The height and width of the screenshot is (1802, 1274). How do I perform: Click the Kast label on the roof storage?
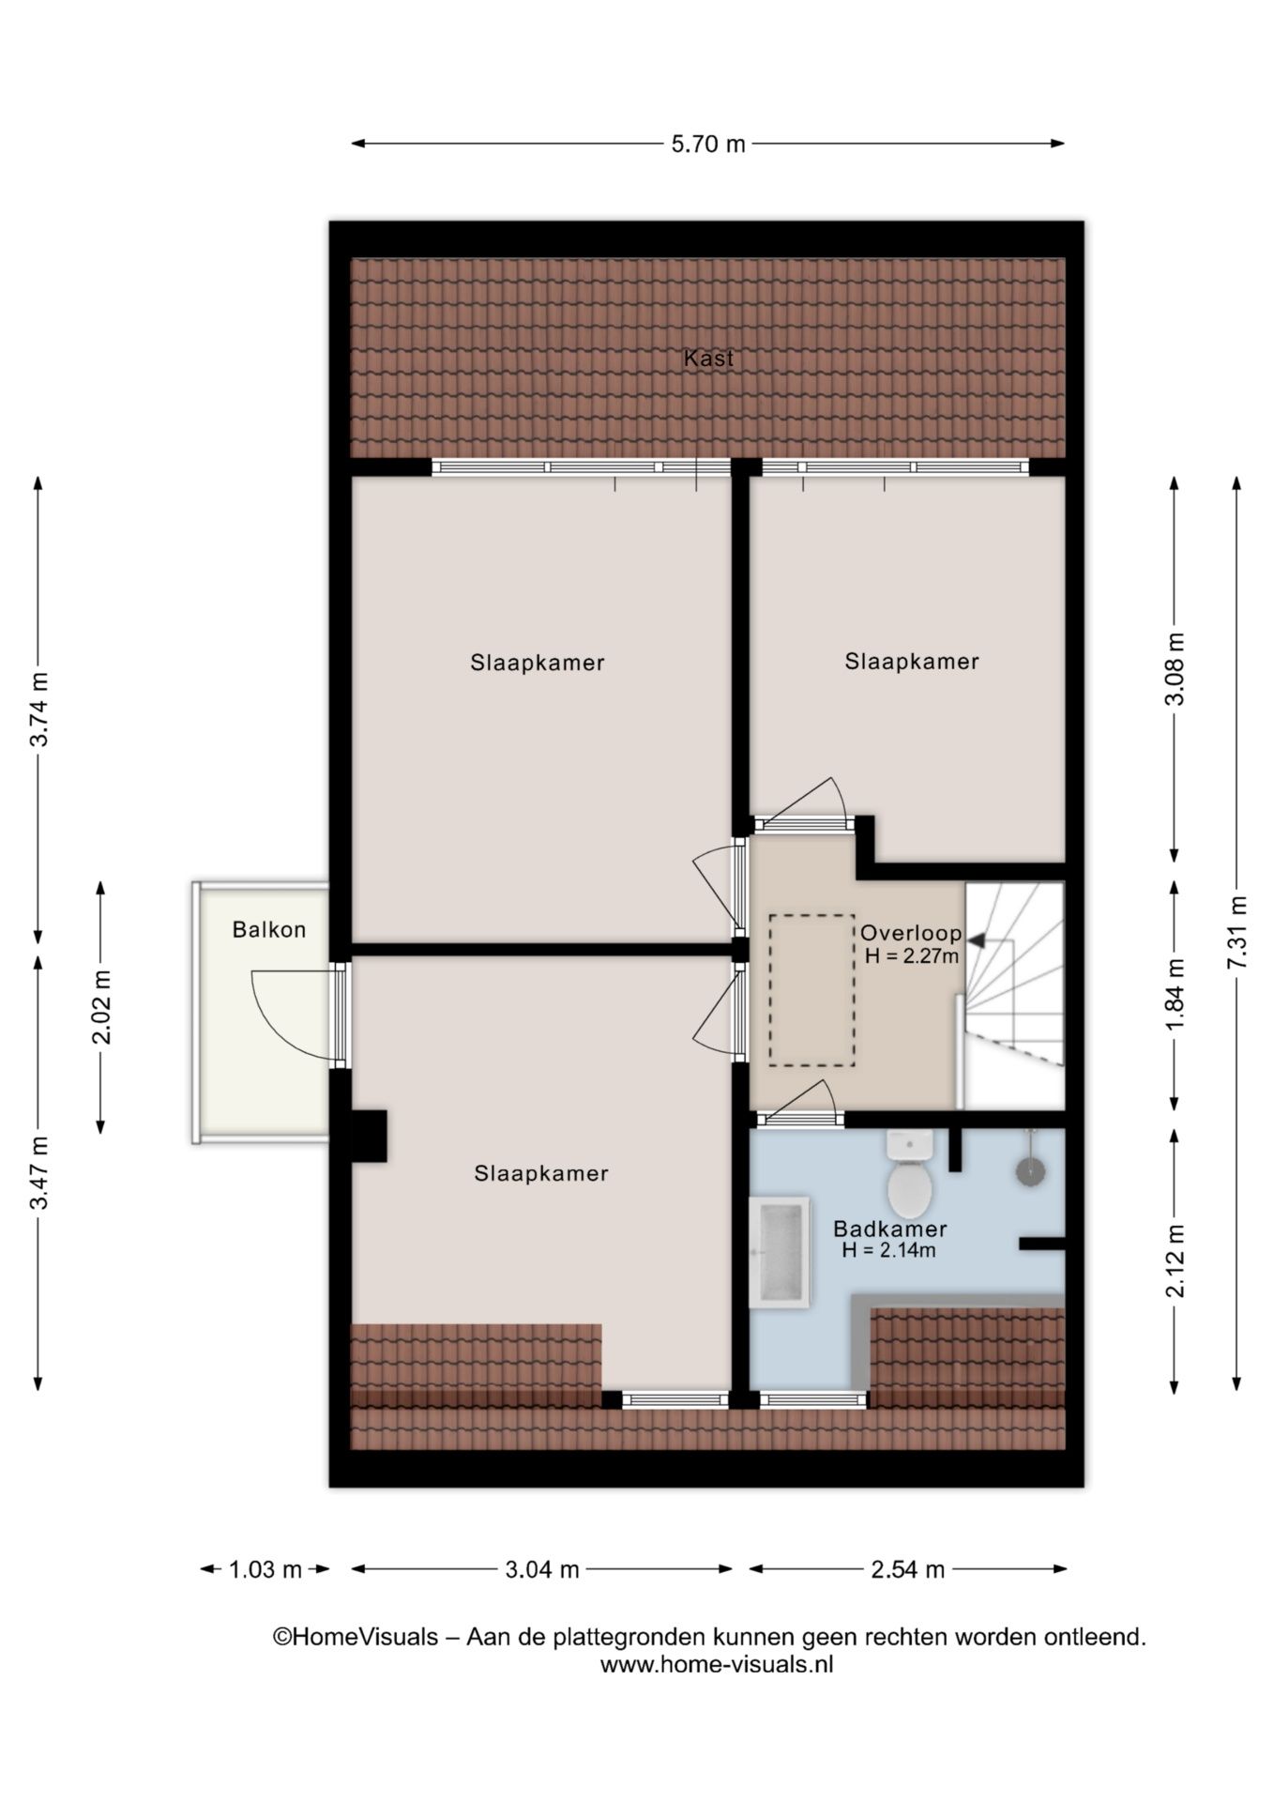pyautogui.click(x=708, y=358)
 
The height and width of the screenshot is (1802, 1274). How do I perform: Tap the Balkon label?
pyautogui.click(x=269, y=930)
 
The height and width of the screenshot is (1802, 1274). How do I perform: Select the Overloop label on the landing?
pyautogui.click(x=911, y=933)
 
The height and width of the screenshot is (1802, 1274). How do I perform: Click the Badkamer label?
pyautogui.click(x=890, y=1229)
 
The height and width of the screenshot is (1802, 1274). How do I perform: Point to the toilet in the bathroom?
pyautogui.click(x=909, y=1174)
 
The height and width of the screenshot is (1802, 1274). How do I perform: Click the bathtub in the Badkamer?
pyautogui.click(x=779, y=1252)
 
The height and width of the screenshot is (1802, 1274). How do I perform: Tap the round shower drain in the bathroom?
pyautogui.click(x=1030, y=1170)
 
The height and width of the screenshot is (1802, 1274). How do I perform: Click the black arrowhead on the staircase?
pyautogui.click(x=977, y=939)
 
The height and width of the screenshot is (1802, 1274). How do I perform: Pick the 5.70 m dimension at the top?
pyautogui.click(x=708, y=144)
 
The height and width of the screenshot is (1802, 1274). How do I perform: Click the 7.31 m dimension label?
pyautogui.click(x=1238, y=934)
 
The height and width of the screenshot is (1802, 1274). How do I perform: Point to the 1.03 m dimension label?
pyautogui.click(x=265, y=1569)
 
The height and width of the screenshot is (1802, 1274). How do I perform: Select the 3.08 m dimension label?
pyautogui.click(x=1175, y=668)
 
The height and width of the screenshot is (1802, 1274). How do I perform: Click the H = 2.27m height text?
pyautogui.click(x=912, y=956)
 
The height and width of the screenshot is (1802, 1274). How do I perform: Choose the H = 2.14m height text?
pyautogui.click(x=888, y=1250)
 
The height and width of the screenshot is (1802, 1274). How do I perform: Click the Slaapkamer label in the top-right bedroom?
pyautogui.click(x=912, y=662)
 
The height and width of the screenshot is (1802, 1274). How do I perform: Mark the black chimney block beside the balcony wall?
pyautogui.click(x=369, y=1137)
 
